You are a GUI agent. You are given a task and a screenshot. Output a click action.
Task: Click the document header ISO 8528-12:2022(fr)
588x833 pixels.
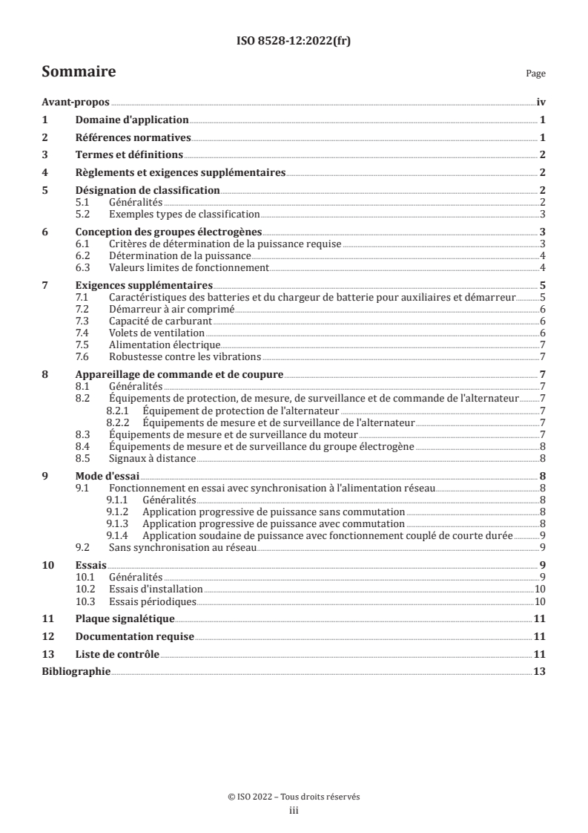(x=294, y=42)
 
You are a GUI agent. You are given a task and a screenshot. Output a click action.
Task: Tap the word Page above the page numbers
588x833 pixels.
(x=535, y=74)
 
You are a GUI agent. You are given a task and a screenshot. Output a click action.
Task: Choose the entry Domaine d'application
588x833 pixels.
(x=132, y=120)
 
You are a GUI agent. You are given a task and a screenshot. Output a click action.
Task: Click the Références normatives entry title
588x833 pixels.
(x=133, y=137)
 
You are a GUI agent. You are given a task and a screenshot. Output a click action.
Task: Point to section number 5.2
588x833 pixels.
(x=87, y=213)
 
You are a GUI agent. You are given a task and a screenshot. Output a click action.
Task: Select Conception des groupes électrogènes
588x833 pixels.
(x=169, y=232)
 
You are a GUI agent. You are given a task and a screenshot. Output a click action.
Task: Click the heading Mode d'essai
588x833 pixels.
(x=108, y=476)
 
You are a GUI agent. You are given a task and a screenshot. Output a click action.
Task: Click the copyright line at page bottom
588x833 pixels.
(x=294, y=796)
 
